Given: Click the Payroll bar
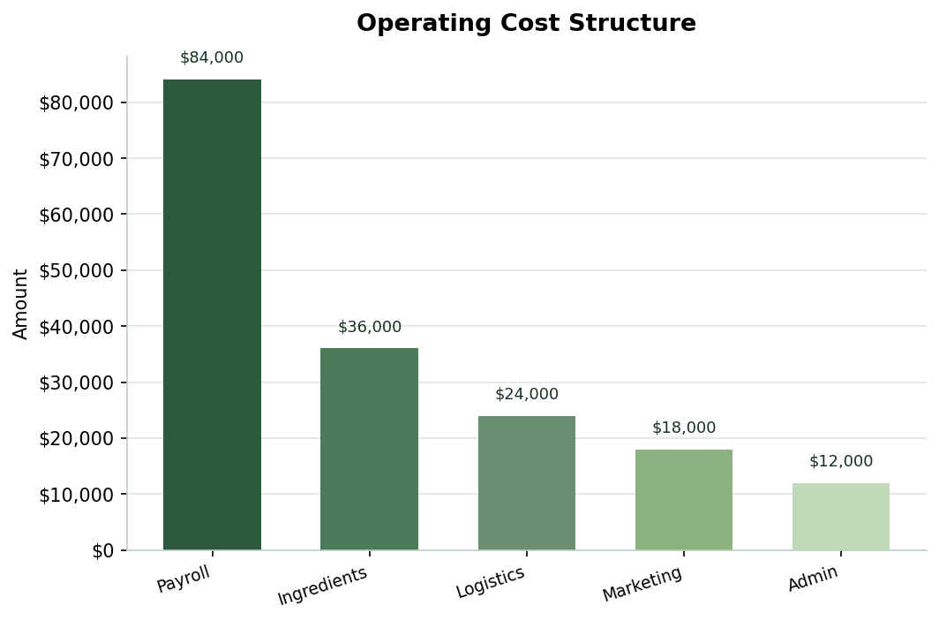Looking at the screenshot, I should coord(212,314).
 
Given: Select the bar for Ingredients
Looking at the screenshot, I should coord(369,449).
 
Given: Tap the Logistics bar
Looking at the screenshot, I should coord(526,482).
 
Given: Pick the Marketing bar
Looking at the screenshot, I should coord(683,499).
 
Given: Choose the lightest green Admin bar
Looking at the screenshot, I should coord(840,516).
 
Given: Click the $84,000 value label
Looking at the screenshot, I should coord(212,58).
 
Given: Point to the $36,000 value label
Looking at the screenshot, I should coord(369,328).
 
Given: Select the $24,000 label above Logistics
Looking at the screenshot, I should coord(526,395).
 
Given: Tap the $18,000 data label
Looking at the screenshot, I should coord(683,428).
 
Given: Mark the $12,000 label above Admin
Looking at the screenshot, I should coord(840,462).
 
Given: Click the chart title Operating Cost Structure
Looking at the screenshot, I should coord(526,24).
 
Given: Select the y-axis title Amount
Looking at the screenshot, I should coord(21,303).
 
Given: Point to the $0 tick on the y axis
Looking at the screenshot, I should coord(102,551).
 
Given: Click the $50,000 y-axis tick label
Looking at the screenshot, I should coord(76,271).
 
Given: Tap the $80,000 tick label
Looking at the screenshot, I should coord(76,103).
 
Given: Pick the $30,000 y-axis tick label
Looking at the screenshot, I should coord(76,383).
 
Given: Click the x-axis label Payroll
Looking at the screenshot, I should coord(184,579).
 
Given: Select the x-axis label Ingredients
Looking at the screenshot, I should coord(322,586).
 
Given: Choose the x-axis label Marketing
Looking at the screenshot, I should coord(642,584).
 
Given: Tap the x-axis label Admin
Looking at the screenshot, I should coord(813,579).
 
